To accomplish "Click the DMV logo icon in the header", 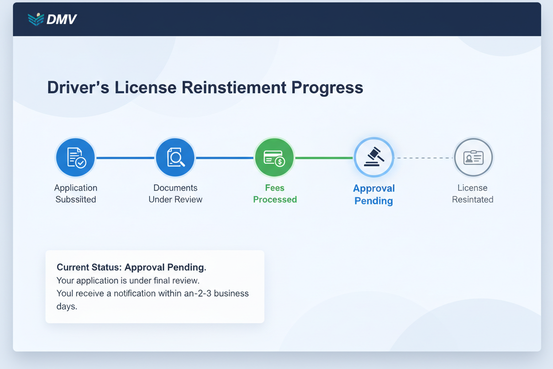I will point(36,19).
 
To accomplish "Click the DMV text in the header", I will point(61,20).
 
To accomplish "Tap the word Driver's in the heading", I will point(78,87).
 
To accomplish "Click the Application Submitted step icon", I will point(75,157).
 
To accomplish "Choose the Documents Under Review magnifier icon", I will point(175,157).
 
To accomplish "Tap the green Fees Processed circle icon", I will point(274,157).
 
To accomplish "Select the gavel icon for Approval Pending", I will point(374,157).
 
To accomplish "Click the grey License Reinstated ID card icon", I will point(473,157).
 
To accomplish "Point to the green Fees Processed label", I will point(275,194).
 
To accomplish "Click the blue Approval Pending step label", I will point(374,194).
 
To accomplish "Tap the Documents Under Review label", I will point(175,194).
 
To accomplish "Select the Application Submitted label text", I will point(76,194).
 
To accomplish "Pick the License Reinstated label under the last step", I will point(472,194).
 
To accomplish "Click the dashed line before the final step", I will point(424,158).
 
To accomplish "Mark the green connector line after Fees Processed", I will point(324,158).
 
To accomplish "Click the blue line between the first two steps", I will point(125,158).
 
